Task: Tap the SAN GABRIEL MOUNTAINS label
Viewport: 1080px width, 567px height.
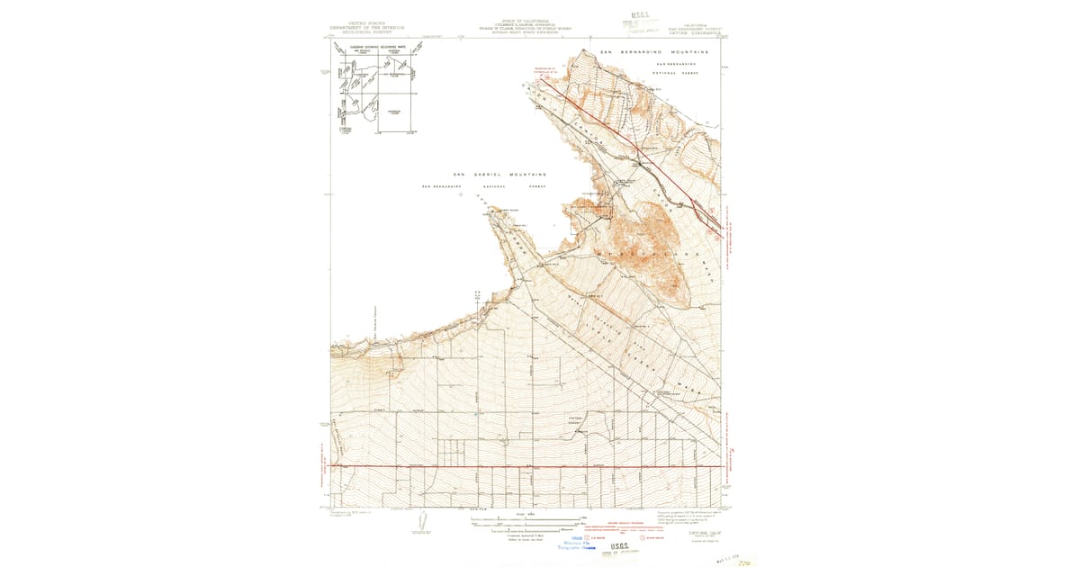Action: (499, 175)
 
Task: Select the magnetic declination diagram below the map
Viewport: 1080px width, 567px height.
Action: (420, 522)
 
